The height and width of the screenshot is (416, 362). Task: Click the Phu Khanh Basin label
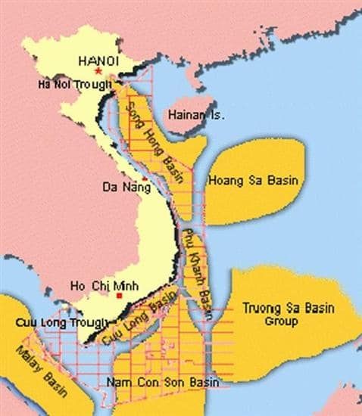[195, 262]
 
